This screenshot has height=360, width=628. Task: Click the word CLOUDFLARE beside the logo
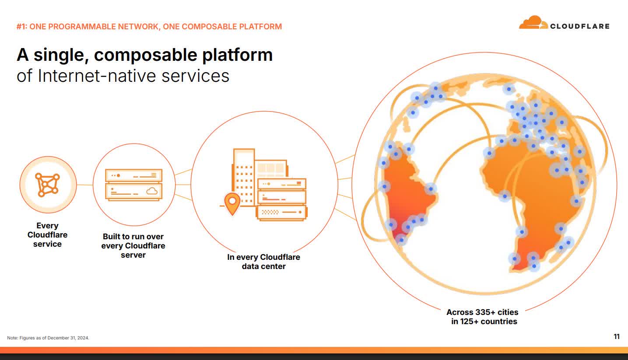(579, 26)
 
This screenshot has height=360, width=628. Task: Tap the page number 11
(616, 337)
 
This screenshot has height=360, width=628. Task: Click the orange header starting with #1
(149, 27)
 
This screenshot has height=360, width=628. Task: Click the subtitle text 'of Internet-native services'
(123, 76)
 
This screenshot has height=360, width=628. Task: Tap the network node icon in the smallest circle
(48, 185)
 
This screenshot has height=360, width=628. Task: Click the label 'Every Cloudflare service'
(47, 235)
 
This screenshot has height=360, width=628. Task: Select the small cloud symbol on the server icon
(152, 191)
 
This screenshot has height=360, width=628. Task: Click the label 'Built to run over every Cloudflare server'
(133, 245)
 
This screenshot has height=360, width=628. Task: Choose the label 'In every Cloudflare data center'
(263, 262)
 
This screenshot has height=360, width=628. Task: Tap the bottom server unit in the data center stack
(281, 213)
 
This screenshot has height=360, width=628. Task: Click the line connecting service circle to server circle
(84, 185)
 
